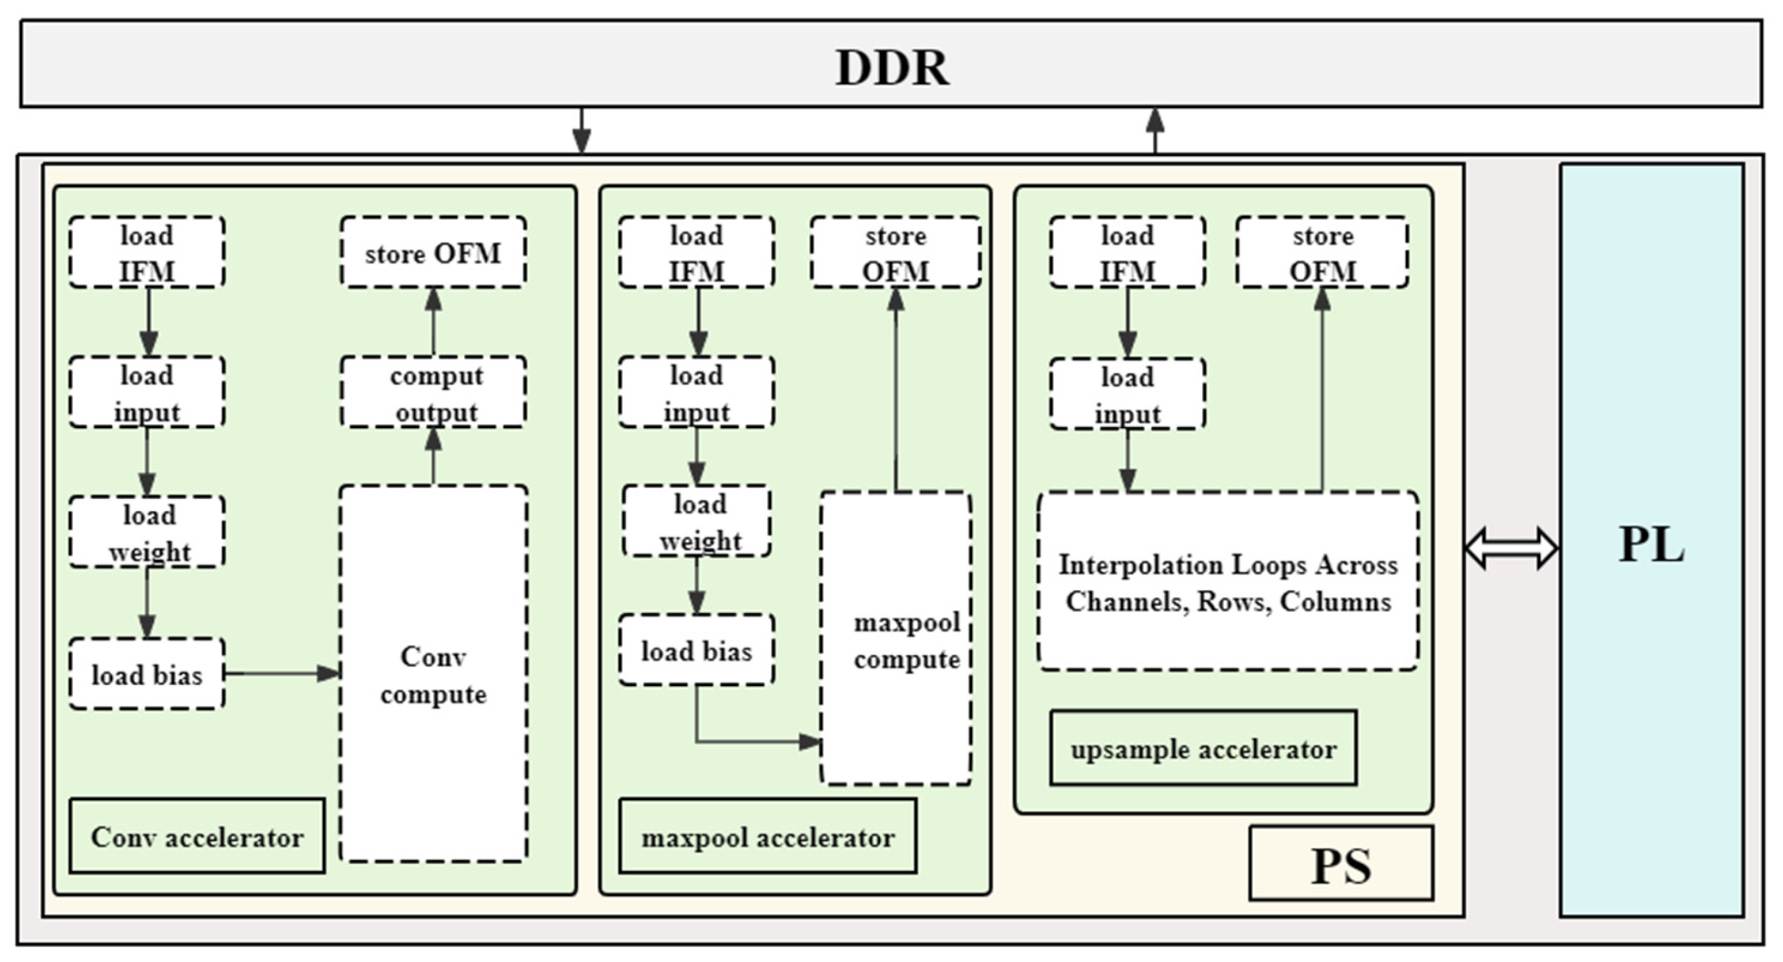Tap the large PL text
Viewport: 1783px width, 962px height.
tap(1651, 546)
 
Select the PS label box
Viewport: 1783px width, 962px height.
tap(1340, 864)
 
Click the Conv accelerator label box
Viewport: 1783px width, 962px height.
tap(197, 836)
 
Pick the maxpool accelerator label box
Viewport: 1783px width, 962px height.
tap(767, 836)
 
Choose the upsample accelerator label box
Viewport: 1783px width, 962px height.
tap(1202, 749)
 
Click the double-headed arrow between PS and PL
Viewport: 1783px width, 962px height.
tap(1512, 548)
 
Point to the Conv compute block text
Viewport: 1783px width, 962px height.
tap(433, 675)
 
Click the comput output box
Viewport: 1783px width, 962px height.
tap(433, 392)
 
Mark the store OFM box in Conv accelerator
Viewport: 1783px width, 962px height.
tap(433, 253)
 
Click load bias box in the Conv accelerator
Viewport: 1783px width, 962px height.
tap(146, 675)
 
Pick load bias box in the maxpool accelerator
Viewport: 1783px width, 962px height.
tap(696, 650)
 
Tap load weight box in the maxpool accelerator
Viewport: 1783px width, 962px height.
tap(698, 522)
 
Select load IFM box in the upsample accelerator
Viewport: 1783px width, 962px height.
tap(1127, 253)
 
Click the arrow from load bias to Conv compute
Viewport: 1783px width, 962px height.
tap(281, 673)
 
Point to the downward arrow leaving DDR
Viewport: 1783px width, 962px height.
tap(581, 130)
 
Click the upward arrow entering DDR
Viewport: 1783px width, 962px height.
tap(1154, 130)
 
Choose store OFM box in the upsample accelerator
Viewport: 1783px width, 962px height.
tap(1322, 253)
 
